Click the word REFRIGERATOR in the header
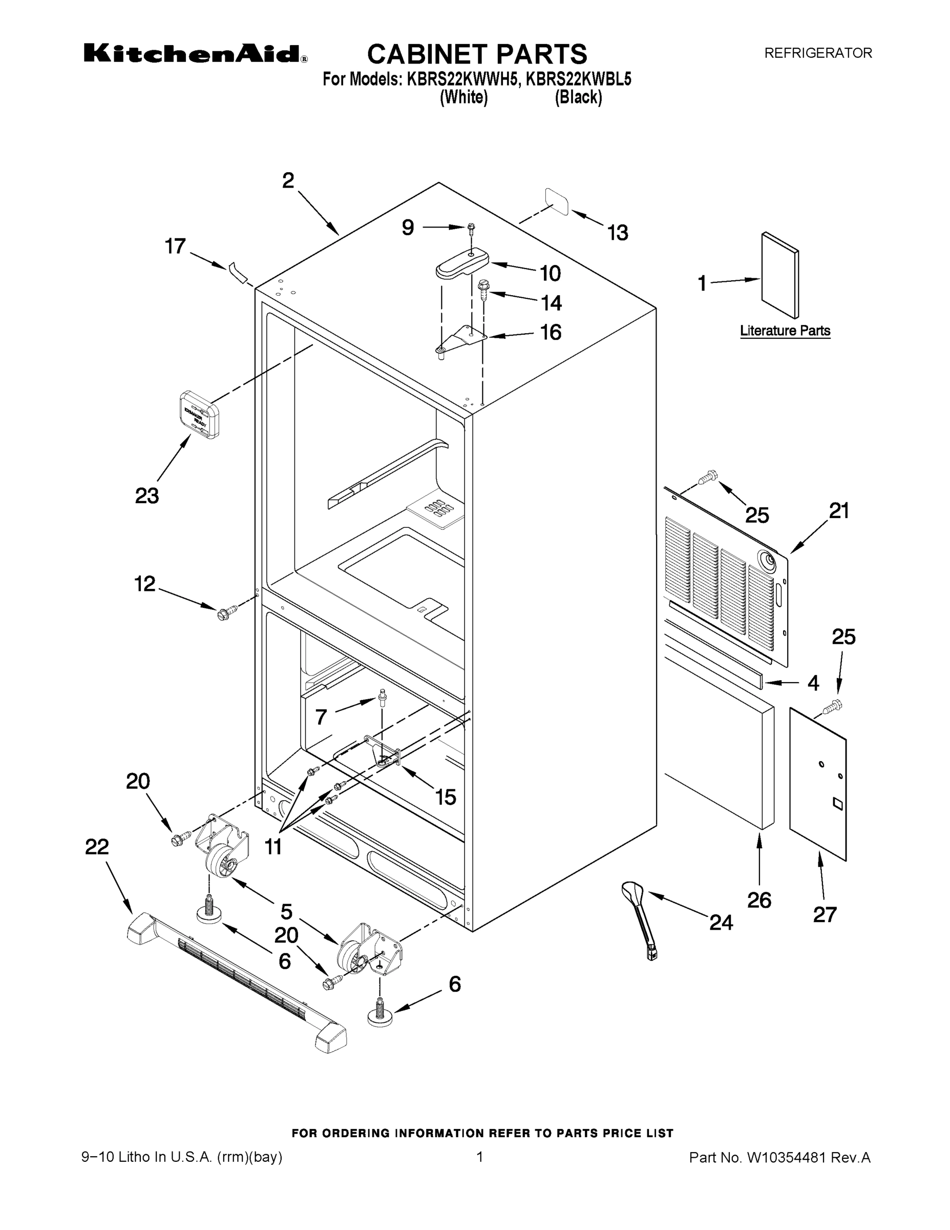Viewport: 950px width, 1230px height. coord(817,53)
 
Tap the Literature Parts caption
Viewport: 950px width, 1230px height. coord(785,331)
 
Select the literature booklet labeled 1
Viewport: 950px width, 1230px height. coord(779,275)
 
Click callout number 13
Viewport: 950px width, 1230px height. coord(618,233)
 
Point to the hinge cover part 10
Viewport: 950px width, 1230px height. coord(462,262)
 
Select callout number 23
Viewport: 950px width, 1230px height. coord(147,496)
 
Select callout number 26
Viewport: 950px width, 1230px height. coord(758,900)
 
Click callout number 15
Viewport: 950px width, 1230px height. coord(445,796)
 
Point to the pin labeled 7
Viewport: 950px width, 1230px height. coord(383,698)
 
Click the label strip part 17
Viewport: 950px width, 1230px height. coord(239,272)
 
